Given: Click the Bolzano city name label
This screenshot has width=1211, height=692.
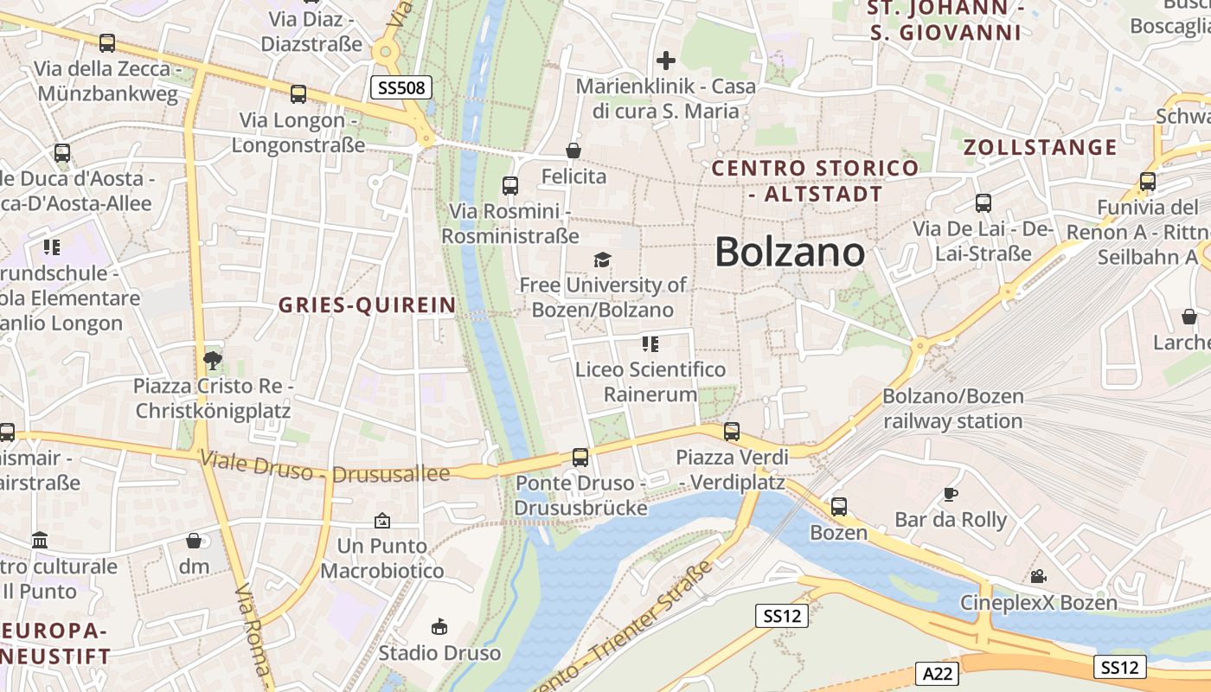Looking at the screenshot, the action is click(790, 252).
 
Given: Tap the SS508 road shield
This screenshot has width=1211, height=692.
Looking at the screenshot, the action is click(401, 86).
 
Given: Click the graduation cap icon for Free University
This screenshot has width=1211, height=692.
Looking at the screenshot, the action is click(602, 259).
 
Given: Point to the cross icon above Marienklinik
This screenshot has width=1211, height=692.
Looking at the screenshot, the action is click(665, 61).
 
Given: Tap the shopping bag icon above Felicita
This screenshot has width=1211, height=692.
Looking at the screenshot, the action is click(573, 151).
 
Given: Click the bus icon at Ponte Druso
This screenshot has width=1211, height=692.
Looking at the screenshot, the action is click(580, 457).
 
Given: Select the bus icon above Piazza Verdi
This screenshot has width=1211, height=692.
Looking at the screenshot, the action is click(732, 431).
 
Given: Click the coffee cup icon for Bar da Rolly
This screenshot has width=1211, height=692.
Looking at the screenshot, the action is click(951, 495).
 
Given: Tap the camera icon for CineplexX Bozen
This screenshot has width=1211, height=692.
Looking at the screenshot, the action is click(1038, 576).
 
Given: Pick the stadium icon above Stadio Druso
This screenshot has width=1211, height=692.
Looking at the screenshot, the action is click(439, 626).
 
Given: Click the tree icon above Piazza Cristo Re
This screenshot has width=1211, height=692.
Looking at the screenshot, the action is click(212, 360).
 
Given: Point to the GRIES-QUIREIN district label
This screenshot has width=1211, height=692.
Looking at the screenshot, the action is click(367, 304).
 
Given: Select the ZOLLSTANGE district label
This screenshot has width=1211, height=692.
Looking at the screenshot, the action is click(1041, 147).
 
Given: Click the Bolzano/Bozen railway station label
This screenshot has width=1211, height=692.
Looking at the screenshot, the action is click(953, 408).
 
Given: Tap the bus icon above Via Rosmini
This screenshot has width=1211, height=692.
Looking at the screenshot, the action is click(510, 185).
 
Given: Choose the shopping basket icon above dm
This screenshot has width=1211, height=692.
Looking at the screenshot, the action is click(195, 541).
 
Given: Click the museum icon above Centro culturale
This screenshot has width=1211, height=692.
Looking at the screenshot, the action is click(40, 541).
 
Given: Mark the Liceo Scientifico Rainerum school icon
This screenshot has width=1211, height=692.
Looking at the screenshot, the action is click(650, 344).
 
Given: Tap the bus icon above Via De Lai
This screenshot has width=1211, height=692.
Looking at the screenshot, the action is click(984, 203).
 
